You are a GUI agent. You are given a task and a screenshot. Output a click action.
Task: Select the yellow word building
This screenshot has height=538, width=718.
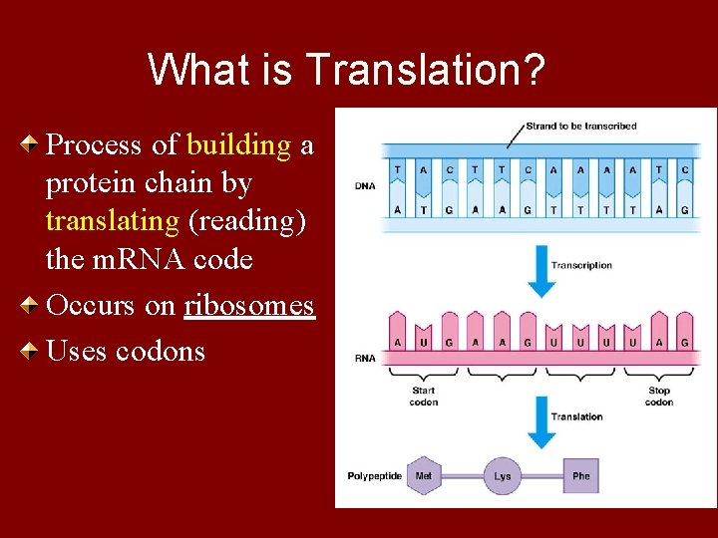238,145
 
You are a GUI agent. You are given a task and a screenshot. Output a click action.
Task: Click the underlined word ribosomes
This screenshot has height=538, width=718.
249,306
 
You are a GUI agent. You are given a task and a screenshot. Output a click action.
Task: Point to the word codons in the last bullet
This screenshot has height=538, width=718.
161,351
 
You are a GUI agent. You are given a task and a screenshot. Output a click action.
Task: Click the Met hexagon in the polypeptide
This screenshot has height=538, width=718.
424,476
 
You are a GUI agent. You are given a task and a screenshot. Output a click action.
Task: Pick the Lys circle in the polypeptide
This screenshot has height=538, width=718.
503,476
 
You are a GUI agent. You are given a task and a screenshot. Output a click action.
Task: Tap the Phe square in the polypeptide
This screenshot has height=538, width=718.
580,476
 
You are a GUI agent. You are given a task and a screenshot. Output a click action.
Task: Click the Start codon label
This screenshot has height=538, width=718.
424,397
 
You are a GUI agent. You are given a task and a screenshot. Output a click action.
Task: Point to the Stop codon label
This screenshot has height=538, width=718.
658,397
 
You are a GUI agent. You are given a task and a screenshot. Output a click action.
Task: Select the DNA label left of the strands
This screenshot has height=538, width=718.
365,186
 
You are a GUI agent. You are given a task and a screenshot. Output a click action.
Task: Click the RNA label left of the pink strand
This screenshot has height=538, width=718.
365,356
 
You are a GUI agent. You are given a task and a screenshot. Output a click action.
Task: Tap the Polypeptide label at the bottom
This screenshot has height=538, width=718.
375,476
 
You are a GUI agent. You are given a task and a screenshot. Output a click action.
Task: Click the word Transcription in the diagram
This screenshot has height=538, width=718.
581,266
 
